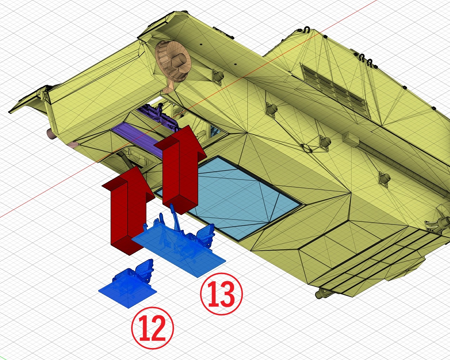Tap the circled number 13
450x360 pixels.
click(x=221, y=294)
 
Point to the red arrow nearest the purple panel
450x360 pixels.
click(x=180, y=169)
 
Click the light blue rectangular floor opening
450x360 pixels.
click(x=229, y=198)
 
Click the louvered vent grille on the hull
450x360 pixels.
click(x=334, y=90)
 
